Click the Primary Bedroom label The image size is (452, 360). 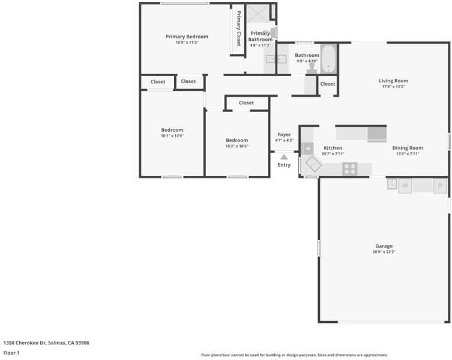coord(187,37)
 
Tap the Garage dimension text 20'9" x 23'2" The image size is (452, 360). coord(384,251)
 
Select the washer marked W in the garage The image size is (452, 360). coord(405,185)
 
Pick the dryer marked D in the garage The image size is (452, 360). coord(440,185)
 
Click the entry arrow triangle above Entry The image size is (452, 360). coord(285,157)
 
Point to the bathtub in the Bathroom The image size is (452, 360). coord(328,59)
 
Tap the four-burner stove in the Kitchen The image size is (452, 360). coord(350,169)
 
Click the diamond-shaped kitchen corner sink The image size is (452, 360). coord(313,164)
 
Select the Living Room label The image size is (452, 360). coord(394,81)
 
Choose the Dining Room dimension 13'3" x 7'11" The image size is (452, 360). coord(408,154)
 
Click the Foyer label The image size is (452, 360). coord(285,134)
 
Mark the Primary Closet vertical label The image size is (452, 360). coord(239,28)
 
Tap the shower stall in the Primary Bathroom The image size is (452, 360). coord(258,13)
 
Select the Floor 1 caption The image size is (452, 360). coord(11,353)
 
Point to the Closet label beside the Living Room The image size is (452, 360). coord(328,84)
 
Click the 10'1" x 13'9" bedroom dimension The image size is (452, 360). coord(172,136)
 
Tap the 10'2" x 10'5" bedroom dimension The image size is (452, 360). coord(237,146)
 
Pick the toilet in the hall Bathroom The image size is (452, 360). coord(312,68)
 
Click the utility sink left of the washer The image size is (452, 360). coord(392,184)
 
